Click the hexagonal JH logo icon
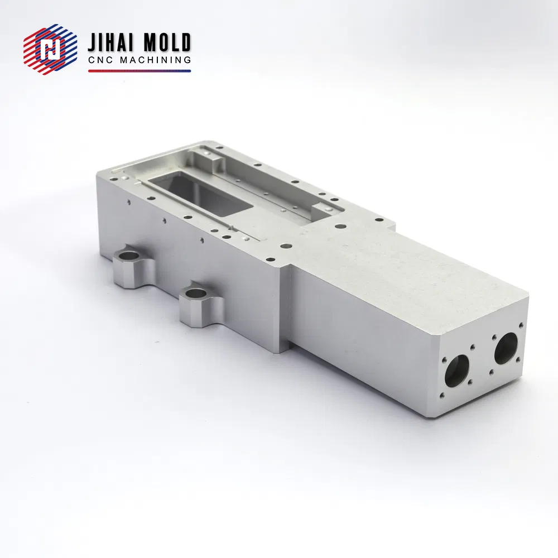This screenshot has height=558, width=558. click(50, 50)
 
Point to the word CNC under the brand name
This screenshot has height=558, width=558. click(100, 60)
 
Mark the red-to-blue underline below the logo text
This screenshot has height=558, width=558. click(139, 71)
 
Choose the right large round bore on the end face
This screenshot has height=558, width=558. click(506, 348)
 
